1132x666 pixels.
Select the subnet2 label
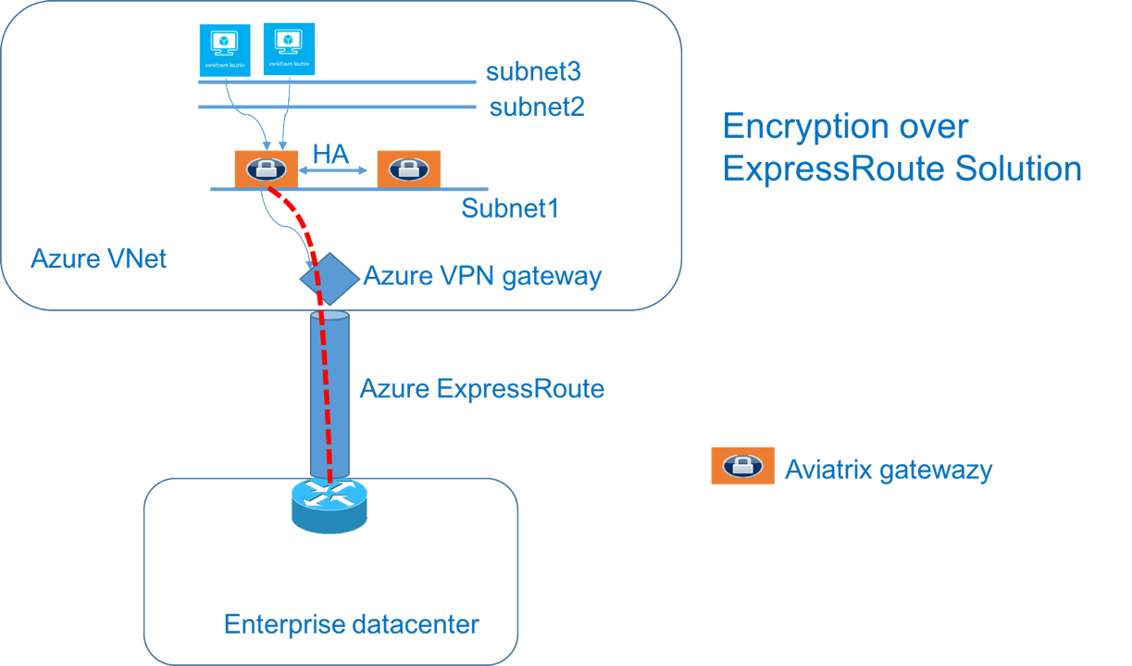pyautogui.click(x=537, y=107)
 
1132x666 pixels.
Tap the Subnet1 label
pyautogui.click(x=510, y=208)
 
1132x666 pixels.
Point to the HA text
pyautogui.click(x=331, y=154)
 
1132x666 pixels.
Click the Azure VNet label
pyautogui.click(x=98, y=258)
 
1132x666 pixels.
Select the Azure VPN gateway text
pyautogui.click(x=481, y=276)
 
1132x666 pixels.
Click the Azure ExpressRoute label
pyautogui.click(x=481, y=388)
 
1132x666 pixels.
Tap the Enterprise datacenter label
pyautogui.click(x=351, y=624)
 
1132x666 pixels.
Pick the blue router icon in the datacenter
pyautogui.click(x=329, y=503)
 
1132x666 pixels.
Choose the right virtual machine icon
pyautogui.click(x=290, y=47)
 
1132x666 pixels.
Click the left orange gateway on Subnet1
pyautogui.click(x=266, y=169)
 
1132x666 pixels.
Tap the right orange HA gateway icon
pyautogui.click(x=408, y=170)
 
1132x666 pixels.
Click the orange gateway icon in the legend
pyautogui.click(x=742, y=465)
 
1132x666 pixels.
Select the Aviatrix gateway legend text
pyautogui.click(x=888, y=470)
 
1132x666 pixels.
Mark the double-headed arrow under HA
pyautogui.click(x=336, y=170)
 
